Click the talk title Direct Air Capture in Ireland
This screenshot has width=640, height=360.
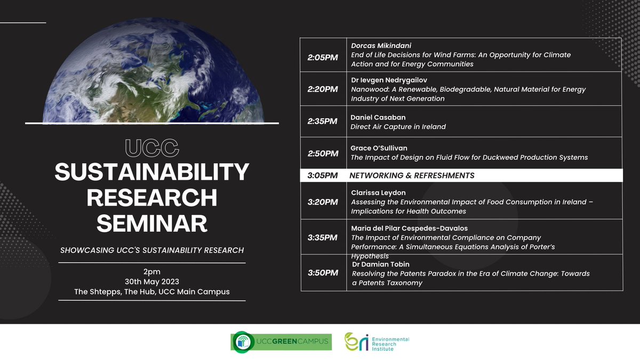398,127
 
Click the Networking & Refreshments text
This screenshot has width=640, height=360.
412,175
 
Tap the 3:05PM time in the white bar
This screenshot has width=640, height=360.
323,175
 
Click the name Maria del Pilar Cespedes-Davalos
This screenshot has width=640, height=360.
409,228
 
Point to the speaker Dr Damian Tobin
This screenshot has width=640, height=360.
380,265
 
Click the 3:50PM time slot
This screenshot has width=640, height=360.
323,273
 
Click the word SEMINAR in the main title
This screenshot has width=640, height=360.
151,223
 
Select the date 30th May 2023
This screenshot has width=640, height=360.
151,282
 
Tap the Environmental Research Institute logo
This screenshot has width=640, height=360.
377,342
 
